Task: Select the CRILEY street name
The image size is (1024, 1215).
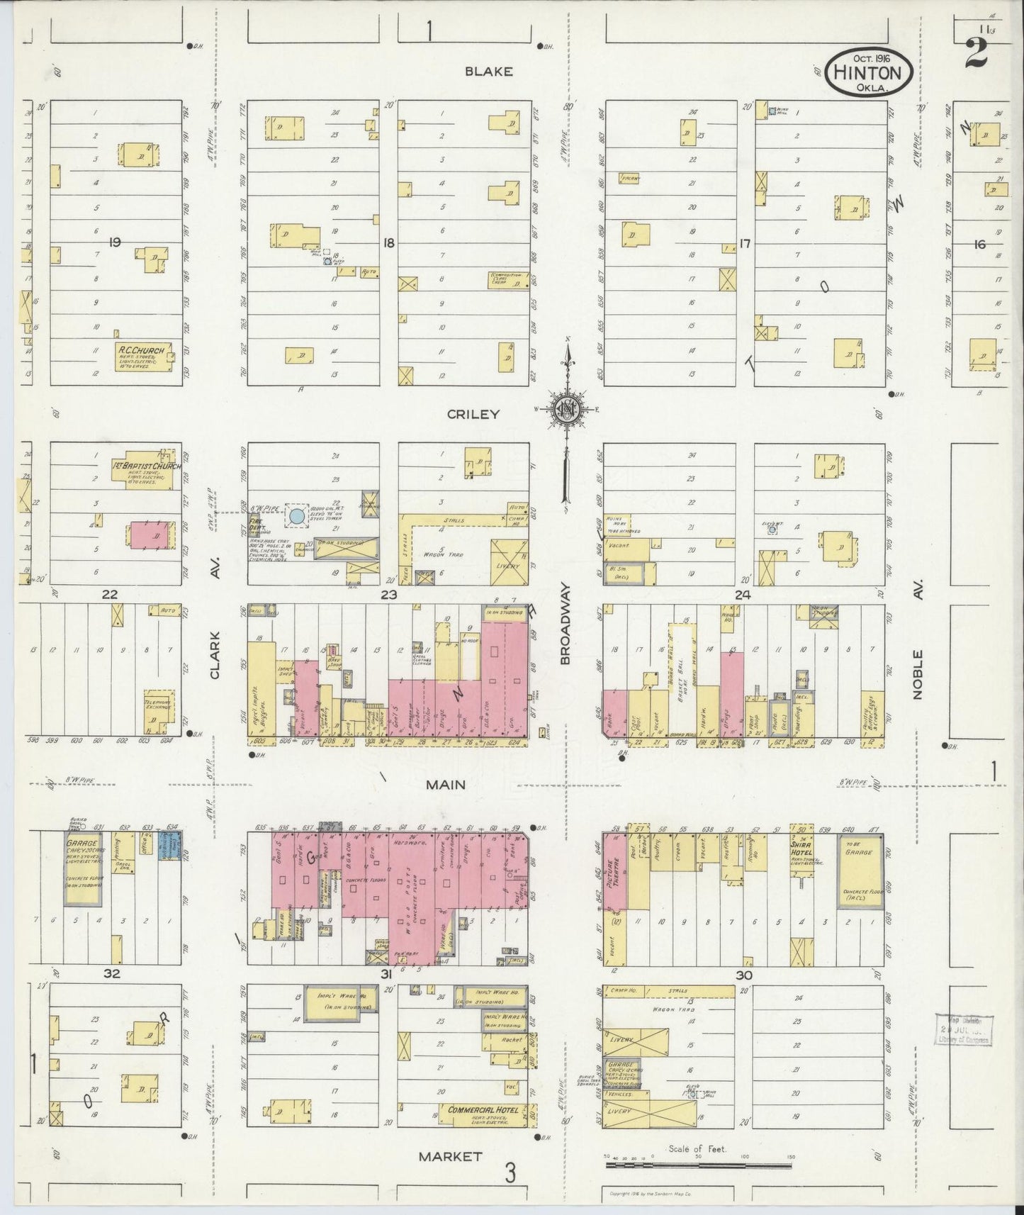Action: click(x=473, y=414)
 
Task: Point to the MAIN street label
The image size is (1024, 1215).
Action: click(x=446, y=784)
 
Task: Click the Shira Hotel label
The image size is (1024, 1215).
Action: click(x=801, y=849)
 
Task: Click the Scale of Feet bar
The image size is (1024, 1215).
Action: click(x=699, y=1165)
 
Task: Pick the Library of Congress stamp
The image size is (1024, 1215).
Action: click(x=964, y=1029)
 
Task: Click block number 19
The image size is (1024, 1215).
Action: click(x=115, y=242)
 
